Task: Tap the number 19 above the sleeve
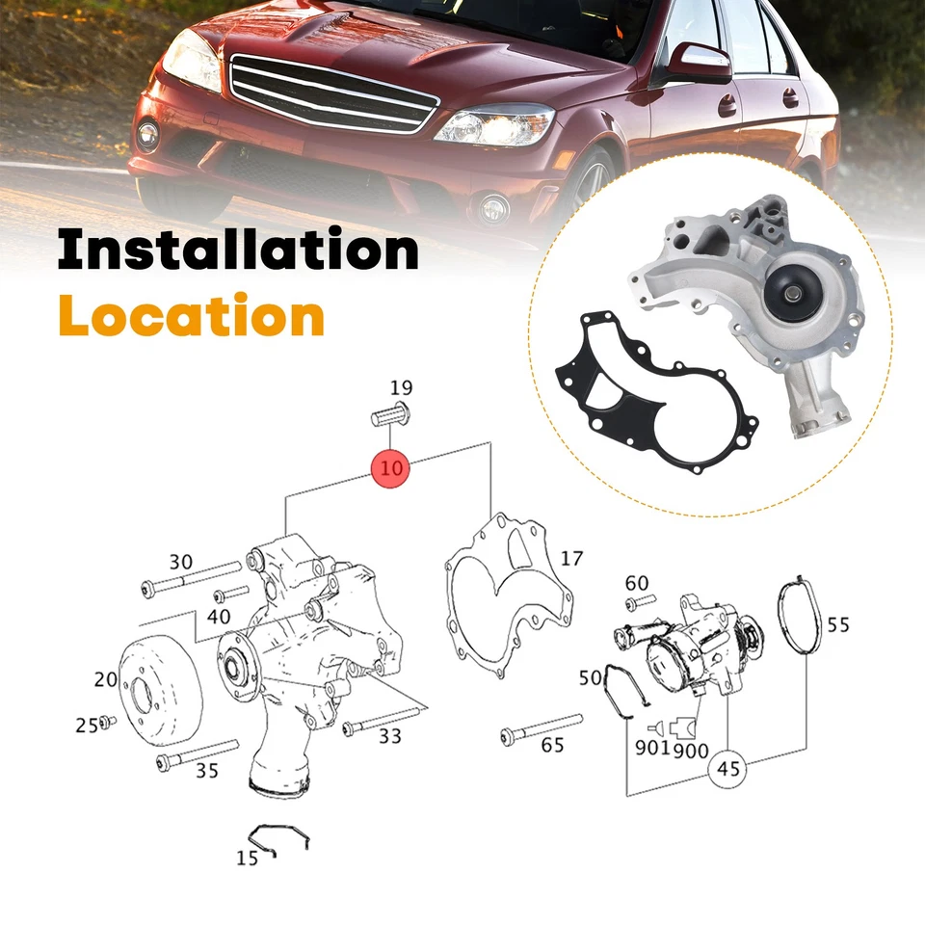pyautogui.click(x=401, y=388)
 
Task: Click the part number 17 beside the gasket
pyautogui.click(x=571, y=558)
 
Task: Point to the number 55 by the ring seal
pyautogui.click(x=838, y=624)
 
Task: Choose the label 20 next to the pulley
pyautogui.click(x=106, y=679)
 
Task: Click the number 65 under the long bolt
pyautogui.click(x=552, y=745)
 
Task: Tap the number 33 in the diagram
pyautogui.click(x=389, y=737)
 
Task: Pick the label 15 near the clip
pyautogui.click(x=248, y=858)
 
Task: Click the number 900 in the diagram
pyautogui.click(x=692, y=749)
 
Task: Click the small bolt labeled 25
pyautogui.click(x=108, y=722)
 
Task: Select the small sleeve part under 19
pyautogui.click(x=389, y=418)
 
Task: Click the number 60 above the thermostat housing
pyautogui.click(x=637, y=582)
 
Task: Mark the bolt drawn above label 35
pyautogui.click(x=198, y=755)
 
